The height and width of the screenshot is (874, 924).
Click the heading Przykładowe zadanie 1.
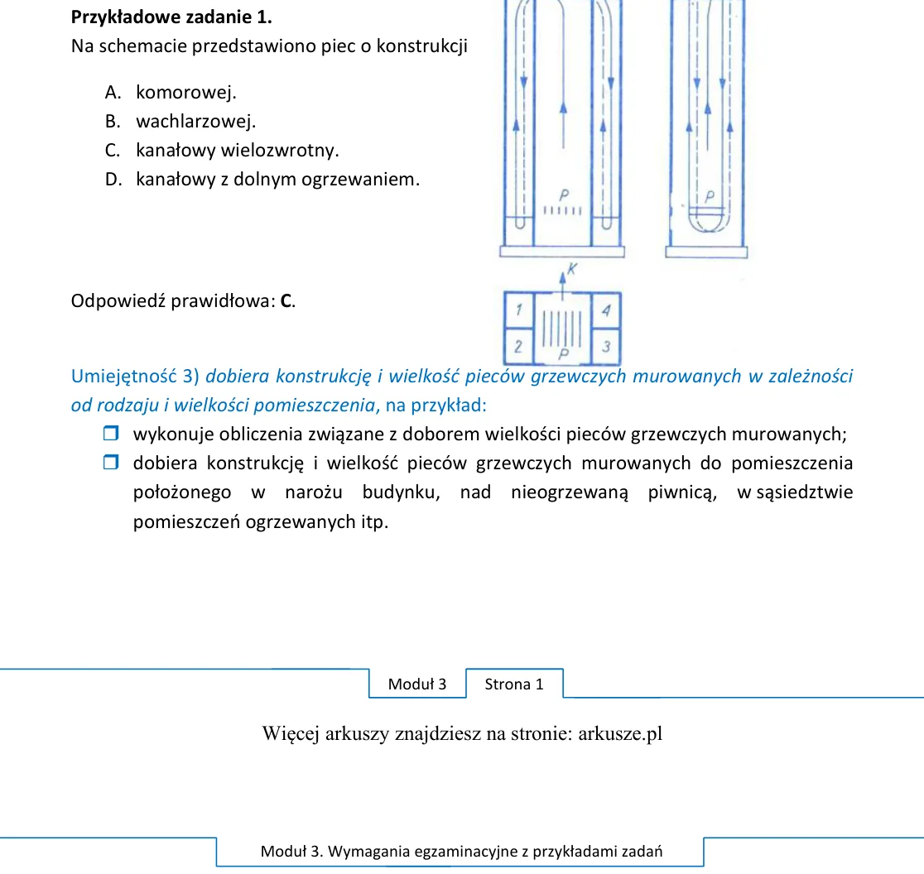pyautogui.click(x=171, y=17)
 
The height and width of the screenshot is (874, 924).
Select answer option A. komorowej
pyautogui.click(x=171, y=92)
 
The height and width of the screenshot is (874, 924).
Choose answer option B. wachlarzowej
pyautogui.click(x=180, y=122)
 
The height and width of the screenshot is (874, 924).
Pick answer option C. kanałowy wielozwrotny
pyautogui.click(x=222, y=150)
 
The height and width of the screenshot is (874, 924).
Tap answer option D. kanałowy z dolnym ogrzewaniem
pyautogui.click(x=262, y=179)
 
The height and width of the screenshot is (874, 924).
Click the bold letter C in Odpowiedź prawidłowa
pyautogui.click(x=286, y=301)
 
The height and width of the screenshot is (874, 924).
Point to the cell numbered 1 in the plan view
pyautogui.click(x=518, y=310)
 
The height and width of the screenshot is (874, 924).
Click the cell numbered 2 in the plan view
pyautogui.click(x=518, y=346)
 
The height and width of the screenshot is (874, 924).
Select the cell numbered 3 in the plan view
pyautogui.click(x=606, y=346)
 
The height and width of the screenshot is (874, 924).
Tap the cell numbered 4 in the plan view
pyautogui.click(x=606, y=310)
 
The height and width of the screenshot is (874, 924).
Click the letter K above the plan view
pyautogui.click(x=571, y=269)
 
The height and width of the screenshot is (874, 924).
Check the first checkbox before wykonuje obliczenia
pyautogui.click(x=111, y=434)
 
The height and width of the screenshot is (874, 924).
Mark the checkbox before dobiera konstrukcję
pyautogui.click(x=111, y=463)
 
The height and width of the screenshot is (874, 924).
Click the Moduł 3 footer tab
pyautogui.click(x=417, y=684)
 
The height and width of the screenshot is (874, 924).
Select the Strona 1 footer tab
pyautogui.click(x=514, y=684)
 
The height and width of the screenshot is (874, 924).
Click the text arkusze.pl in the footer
pyautogui.click(x=620, y=734)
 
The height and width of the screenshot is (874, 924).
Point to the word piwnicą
pyautogui.click(x=682, y=492)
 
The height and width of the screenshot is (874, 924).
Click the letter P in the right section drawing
pyautogui.click(x=710, y=196)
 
